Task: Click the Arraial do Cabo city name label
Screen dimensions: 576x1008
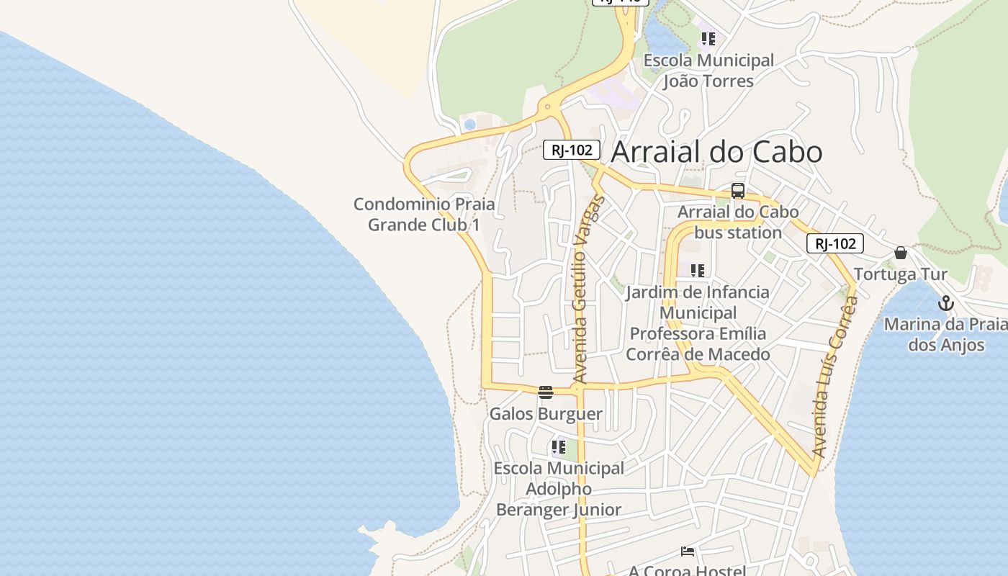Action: pyautogui.click(x=716, y=152)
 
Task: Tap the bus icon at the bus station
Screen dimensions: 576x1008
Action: pyautogui.click(x=738, y=191)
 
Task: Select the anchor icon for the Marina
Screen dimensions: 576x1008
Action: pyautogui.click(x=946, y=303)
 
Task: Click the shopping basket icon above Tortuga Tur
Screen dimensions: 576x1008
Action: pyautogui.click(x=901, y=253)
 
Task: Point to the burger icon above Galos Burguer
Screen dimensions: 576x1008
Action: pyautogui.click(x=546, y=392)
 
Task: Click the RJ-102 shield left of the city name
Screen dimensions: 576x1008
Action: pyautogui.click(x=572, y=150)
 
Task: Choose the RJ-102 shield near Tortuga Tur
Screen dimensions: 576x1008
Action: pyautogui.click(x=834, y=243)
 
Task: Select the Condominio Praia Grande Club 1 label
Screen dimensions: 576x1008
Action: pyautogui.click(x=424, y=214)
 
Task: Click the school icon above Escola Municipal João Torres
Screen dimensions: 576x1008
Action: pyautogui.click(x=708, y=38)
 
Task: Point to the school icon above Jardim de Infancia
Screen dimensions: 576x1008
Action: pyautogui.click(x=697, y=271)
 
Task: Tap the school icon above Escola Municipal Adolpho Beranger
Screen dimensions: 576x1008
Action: pyautogui.click(x=559, y=447)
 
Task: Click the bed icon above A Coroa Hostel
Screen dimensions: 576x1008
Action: pyautogui.click(x=688, y=552)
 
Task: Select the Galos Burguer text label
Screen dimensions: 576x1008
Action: pyautogui.click(x=546, y=414)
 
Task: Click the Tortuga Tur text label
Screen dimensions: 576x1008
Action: pyautogui.click(x=900, y=274)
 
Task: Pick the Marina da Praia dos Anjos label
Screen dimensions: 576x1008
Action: pyautogui.click(x=945, y=334)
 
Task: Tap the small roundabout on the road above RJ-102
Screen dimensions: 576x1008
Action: pyautogui.click(x=548, y=107)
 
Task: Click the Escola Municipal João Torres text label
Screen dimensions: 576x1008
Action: pyautogui.click(x=708, y=71)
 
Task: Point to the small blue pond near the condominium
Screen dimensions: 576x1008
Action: pyautogui.click(x=470, y=125)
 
